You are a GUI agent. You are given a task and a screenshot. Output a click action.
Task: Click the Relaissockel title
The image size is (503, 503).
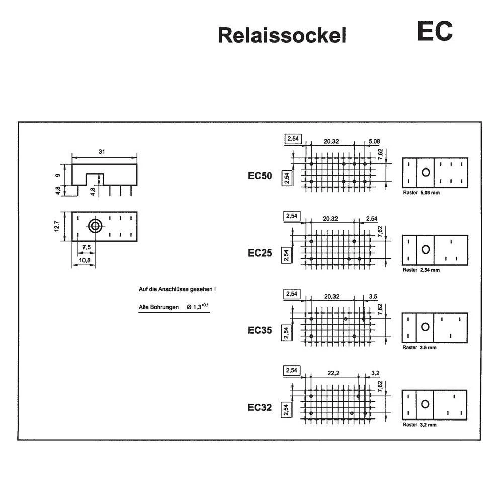click(x=282, y=36)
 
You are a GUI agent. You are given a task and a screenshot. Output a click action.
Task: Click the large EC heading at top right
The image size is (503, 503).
click(x=435, y=31)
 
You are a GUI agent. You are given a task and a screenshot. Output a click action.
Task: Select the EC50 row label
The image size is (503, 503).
click(x=260, y=176)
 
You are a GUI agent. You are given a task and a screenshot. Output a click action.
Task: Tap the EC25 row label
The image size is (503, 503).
click(x=260, y=253)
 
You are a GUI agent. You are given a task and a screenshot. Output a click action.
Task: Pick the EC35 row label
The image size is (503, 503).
click(x=260, y=330)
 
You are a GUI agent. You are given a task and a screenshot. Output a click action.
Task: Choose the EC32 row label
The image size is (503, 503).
click(x=260, y=407)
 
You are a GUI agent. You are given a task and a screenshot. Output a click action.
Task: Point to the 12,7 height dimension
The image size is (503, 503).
click(x=57, y=226)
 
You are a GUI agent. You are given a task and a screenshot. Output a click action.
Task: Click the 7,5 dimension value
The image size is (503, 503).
click(x=87, y=247)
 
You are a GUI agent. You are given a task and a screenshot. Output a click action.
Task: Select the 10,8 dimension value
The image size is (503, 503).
click(x=85, y=260)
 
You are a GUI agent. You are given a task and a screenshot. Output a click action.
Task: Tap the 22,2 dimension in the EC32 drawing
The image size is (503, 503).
click(x=333, y=373)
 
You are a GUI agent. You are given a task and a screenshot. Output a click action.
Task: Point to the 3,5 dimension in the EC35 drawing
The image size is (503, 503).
click(x=373, y=297)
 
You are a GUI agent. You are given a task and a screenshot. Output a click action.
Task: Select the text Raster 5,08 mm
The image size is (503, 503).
click(x=421, y=193)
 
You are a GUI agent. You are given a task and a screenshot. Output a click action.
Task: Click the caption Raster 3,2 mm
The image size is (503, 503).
click(x=420, y=425)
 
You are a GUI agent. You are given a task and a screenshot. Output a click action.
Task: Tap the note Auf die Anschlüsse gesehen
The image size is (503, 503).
click(x=178, y=289)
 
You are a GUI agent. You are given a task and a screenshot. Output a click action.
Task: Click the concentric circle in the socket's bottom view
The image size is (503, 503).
click(x=95, y=226)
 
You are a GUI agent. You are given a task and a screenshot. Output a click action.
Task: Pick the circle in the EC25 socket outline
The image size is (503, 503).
click(x=426, y=249)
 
